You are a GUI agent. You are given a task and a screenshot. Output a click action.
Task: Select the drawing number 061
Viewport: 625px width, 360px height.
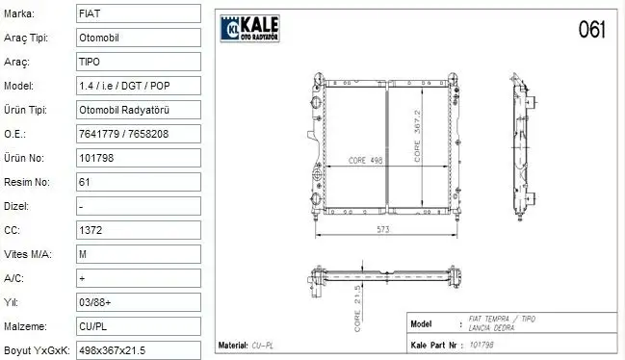[591, 30]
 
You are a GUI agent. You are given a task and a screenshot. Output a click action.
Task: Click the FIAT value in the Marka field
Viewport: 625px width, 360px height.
[138, 14]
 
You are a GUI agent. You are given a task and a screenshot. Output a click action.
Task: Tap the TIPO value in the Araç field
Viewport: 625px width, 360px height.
[138, 62]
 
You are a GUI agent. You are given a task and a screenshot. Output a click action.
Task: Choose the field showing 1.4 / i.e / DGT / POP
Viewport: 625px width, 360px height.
[138, 86]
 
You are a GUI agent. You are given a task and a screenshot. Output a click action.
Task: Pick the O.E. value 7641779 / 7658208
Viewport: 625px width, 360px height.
[138, 134]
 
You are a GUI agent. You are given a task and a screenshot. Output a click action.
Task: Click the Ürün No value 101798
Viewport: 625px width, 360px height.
[138, 158]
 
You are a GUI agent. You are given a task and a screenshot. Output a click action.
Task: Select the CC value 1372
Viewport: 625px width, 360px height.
[138, 230]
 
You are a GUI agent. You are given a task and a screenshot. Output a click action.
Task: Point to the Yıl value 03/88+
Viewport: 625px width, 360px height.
[138, 301]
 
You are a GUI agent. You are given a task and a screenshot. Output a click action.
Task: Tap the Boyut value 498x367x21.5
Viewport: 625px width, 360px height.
[138, 349]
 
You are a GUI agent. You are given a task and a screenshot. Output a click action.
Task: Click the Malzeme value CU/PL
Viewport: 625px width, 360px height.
[138, 325]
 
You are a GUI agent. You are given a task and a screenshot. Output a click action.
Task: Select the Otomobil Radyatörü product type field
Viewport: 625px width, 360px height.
[138, 110]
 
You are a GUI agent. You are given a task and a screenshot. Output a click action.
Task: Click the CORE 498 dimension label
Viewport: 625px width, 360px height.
[352, 161]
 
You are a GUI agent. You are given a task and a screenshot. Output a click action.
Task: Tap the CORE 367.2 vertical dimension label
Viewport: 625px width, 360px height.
[418, 135]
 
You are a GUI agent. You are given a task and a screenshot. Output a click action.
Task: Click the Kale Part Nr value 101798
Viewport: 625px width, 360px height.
[481, 344]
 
